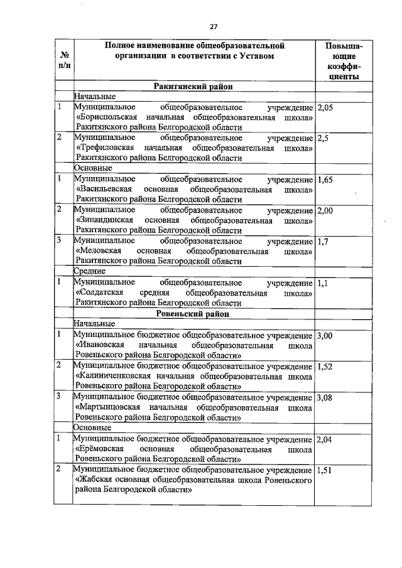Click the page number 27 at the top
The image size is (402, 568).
(213, 26)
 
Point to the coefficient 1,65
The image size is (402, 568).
(325, 180)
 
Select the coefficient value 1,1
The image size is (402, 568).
(323, 282)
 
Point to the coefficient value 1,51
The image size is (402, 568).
(326, 470)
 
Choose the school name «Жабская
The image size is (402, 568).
(92, 481)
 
